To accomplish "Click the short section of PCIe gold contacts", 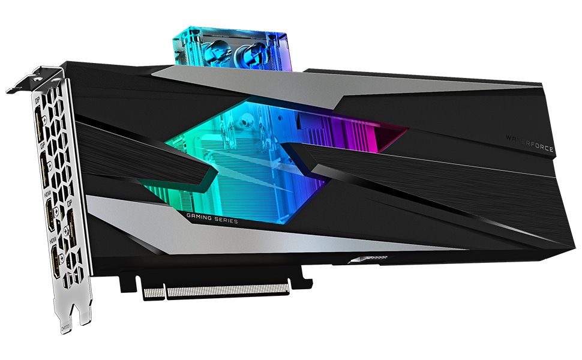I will click(153, 294).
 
